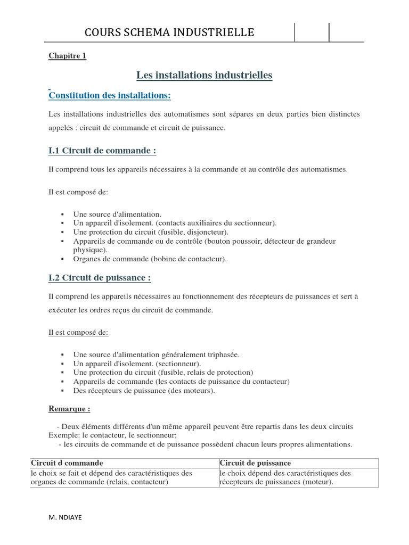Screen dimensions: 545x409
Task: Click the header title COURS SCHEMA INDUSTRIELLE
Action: coord(169,33)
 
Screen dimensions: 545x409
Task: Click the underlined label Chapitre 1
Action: coord(67,56)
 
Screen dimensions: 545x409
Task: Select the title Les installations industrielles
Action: coord(204,76)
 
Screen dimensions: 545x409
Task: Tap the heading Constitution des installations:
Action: coord(110,95)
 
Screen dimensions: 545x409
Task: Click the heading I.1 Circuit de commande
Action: coord(102,151)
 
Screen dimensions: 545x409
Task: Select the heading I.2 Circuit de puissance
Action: coord(100,278)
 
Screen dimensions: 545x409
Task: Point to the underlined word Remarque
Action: coord(69,409)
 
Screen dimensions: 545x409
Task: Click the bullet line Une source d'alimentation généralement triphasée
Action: coord(157,354)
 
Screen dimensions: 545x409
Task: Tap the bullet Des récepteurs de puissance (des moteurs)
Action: coord(144,391)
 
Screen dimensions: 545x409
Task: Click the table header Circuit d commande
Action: coord(67,463)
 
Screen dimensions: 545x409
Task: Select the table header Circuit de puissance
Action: coord(255,463)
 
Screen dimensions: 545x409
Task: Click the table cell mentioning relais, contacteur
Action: coord(112,477)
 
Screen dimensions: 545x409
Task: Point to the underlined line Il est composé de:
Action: coord(78,332)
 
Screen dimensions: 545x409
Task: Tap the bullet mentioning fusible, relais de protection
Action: coord(163,373)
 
